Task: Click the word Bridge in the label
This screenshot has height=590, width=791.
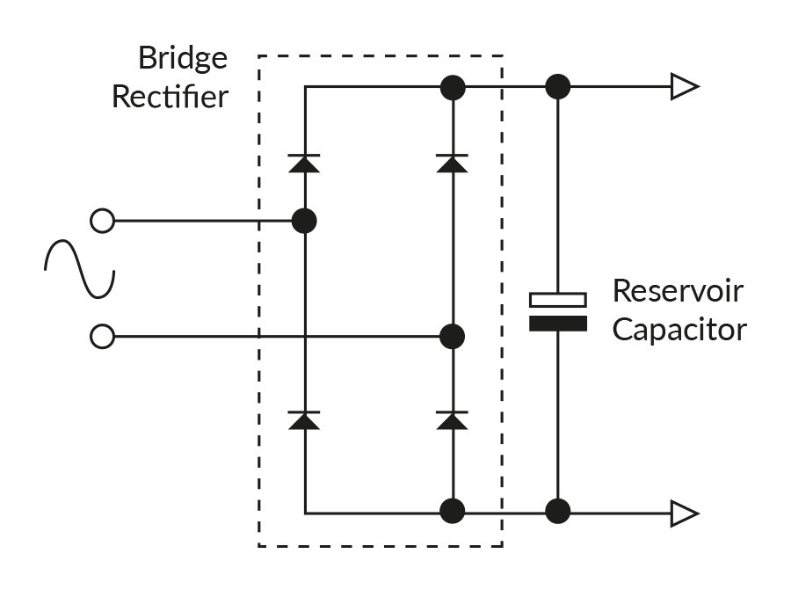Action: pyautogui.click(x=182, y=60)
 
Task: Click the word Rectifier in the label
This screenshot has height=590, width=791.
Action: pyautogui.click(x=170, y=97)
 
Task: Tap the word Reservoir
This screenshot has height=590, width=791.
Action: pyautogui.click(x=678, y=291)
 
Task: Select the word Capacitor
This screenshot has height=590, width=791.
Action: pyautogui.click(x=679, y=330)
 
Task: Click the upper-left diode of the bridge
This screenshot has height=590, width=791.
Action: pyautogui.click(x=304, y=163)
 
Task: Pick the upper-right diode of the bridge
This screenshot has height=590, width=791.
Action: pyautogui.click(x=452, y=163)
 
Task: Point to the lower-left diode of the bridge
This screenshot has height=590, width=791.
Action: pyautogui.click(x=304, y=420)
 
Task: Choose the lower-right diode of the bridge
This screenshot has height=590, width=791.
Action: pyautogui.click(x=452, y=420)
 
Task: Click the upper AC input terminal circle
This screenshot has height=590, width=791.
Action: pyautogui.click(x=103, y=221)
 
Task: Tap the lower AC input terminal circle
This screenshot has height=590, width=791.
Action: pyautogui.click(x=103, y=336)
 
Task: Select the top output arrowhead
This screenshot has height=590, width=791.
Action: pyautogui.click(x=684, y=87)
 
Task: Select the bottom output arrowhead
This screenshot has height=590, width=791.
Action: pyautogui.click(x=684, y=512)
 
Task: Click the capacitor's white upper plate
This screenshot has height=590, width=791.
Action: pyautogui.click(x=557, y=300)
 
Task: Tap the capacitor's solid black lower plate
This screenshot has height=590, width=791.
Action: pyautogui.click(x=557, y=323)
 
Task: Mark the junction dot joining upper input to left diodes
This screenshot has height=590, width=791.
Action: pyautogui.click(x=304, y=221)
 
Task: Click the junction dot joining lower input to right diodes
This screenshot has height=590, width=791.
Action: pyautogui.click(x=452, y=336)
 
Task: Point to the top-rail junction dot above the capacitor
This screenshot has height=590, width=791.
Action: pyautogui.click(x=557, y=87)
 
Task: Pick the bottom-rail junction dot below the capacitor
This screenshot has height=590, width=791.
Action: pyautogui.click(x=557, y=511)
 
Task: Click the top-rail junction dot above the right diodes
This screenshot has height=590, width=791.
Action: pyautogui.click(x=452, y=87)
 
